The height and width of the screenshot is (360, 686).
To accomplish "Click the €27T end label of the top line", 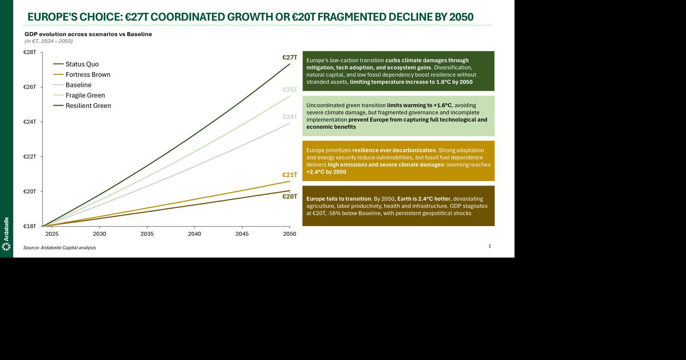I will point(289,57).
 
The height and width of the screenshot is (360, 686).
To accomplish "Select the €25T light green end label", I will point(289,90).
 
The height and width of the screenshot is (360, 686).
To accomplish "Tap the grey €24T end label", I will point(289,117).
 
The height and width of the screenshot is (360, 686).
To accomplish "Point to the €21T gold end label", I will point(289,175).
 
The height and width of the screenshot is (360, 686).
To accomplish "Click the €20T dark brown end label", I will point(289,196).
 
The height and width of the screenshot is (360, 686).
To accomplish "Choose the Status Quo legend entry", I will point(81,64).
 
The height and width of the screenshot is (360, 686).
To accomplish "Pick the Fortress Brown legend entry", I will point(87,75).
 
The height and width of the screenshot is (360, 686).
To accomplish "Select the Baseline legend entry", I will point(78,85).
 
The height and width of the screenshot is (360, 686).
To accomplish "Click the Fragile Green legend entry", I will point(85,95).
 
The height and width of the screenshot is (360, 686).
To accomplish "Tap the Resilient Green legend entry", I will point(88,106).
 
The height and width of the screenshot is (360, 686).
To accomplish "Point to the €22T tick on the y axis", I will point(30,156).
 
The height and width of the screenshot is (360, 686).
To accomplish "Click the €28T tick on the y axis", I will point(30,52).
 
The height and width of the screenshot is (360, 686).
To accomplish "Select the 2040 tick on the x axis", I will point(194,234).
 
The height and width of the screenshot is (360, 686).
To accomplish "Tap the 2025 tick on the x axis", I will point(52,234).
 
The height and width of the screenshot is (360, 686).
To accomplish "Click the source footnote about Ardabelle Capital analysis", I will point(60,248).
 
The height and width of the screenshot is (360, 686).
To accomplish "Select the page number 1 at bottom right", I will point(490,246).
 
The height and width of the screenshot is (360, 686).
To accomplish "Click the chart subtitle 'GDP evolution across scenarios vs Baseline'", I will point(88,34).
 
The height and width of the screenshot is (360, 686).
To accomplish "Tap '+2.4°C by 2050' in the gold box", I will point(326,172).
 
